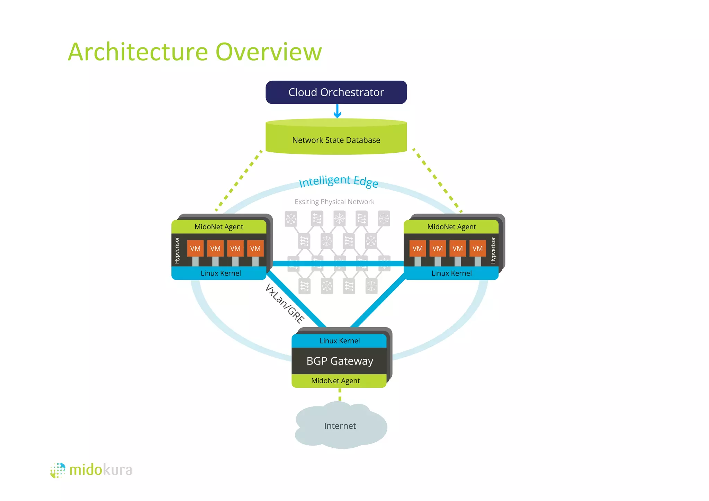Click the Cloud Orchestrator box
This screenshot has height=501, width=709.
point(336,92)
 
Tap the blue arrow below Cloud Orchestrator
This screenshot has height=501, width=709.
point(337,111)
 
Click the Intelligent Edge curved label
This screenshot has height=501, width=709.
point(338,181)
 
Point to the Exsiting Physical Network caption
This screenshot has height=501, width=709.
point(334,202)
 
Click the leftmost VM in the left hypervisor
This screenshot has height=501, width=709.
point(195,248)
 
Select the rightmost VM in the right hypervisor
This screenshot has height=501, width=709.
point(477,248)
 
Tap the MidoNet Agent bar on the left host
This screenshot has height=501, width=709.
point(219,227)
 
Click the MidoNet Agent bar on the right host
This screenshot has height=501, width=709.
point(451,227)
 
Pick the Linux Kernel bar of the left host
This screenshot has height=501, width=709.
point(220,273)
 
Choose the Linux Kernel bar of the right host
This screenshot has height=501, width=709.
point(451,273)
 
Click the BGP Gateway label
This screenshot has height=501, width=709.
point(340,361)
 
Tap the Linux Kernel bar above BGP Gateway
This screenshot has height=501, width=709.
point(339,341)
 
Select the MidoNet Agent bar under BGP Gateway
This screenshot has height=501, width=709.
point(335,381)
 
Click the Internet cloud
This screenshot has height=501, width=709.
point(340,426)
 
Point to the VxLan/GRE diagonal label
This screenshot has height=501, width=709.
point(285,304)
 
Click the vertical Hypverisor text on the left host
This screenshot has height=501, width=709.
point(177,250)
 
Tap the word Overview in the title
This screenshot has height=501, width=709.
point(269,52)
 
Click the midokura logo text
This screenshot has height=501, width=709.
point(100,470)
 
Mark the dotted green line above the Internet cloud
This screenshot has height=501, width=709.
point(340,394)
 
